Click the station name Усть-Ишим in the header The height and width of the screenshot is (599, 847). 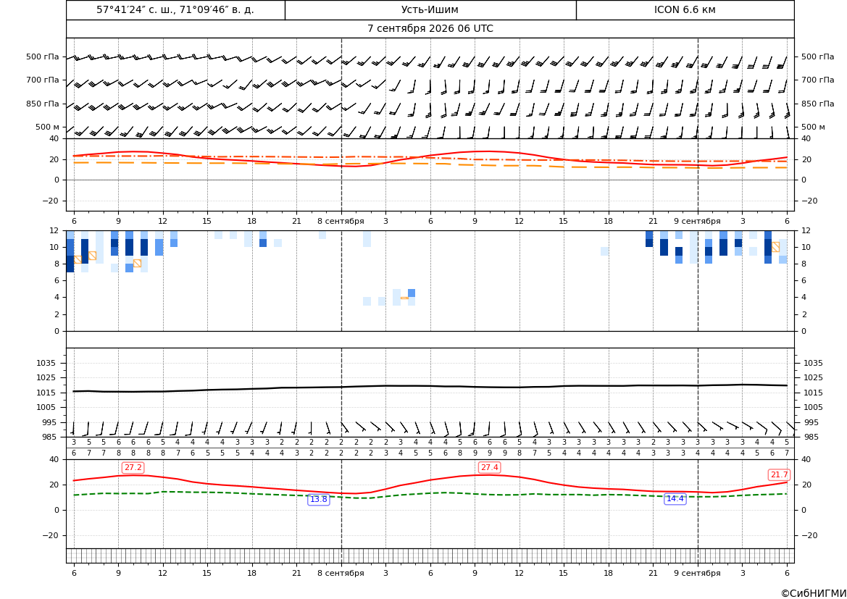click(430, 9)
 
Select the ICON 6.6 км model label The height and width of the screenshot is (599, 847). click(685, 9)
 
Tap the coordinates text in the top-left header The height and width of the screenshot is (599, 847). click(175, 9)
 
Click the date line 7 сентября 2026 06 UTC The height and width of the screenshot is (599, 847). click(430, 29)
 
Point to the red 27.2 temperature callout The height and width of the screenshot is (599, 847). click(133, 467)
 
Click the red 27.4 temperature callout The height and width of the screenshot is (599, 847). click(489, 467)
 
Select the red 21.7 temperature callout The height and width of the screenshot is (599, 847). click(779, 474)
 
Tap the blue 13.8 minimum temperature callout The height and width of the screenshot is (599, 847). click(318, 499)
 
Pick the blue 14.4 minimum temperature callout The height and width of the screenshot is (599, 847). click(675, 498)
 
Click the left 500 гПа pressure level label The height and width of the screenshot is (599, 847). click(43, 56)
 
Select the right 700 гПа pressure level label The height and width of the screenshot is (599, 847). click(817, 80)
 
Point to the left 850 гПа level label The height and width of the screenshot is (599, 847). click(43, 104)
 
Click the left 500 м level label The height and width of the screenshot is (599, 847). click(48, 127)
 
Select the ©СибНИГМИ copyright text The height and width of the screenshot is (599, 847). click(814, 593)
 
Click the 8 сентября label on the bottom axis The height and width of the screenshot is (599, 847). click(341, 573)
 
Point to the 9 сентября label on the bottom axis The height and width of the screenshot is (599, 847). click(697, 573)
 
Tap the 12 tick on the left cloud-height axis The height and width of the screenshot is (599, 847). click(54, 230)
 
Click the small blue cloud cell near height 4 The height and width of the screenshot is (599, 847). click(412, 293)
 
